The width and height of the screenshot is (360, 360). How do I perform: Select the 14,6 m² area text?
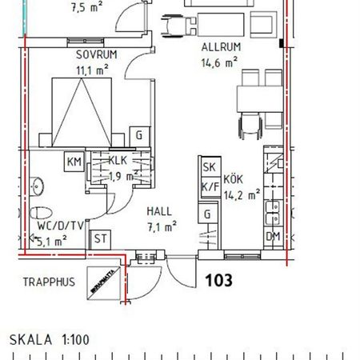(x=219, y=62)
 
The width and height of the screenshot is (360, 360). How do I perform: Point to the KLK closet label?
(x=118, y=160)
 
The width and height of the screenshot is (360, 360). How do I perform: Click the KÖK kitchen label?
(x=232, y=179)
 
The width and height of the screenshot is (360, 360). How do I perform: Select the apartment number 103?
(x=221, y=280)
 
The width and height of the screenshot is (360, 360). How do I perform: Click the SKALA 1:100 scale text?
(x=50, y=340)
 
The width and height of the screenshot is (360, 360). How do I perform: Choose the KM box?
(x=74, y=162)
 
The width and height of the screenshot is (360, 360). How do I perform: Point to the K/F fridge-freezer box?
(x=210, y=187)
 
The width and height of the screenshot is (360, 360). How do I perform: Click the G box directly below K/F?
(x=209, y=214)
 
